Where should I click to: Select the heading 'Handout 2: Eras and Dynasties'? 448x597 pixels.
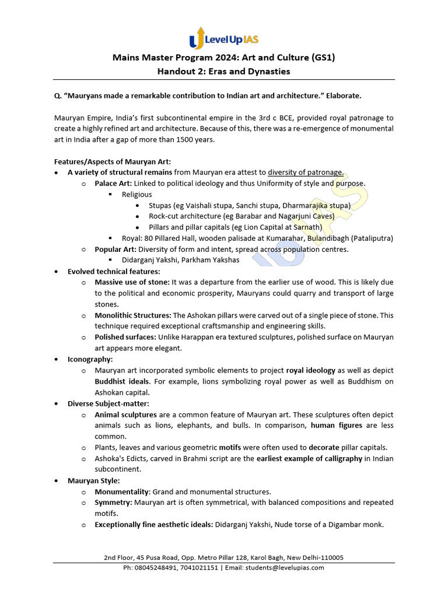pos(223,71)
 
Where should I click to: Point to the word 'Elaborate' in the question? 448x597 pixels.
pos(348,94)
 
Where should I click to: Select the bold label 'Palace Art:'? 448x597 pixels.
pos(113,183)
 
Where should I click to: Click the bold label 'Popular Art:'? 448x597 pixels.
pos(116,249)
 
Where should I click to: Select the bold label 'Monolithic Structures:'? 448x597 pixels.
pos(133,315)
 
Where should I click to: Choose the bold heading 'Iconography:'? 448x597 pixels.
pos(90,360)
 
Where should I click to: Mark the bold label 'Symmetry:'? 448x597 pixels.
pos(114,503)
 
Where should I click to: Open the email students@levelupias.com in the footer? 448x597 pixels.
pos(285,568)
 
